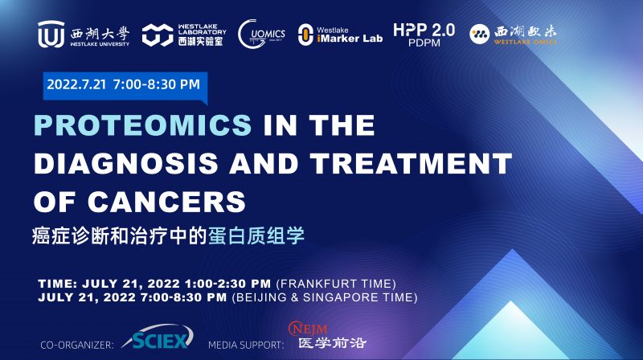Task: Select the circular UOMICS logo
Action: coord(261,34)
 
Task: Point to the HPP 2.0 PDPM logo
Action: coord(424,34)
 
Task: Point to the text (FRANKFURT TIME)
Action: coord(336,284)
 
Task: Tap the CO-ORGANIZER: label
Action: coord(77,345)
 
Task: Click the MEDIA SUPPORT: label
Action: coord(245,345)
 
